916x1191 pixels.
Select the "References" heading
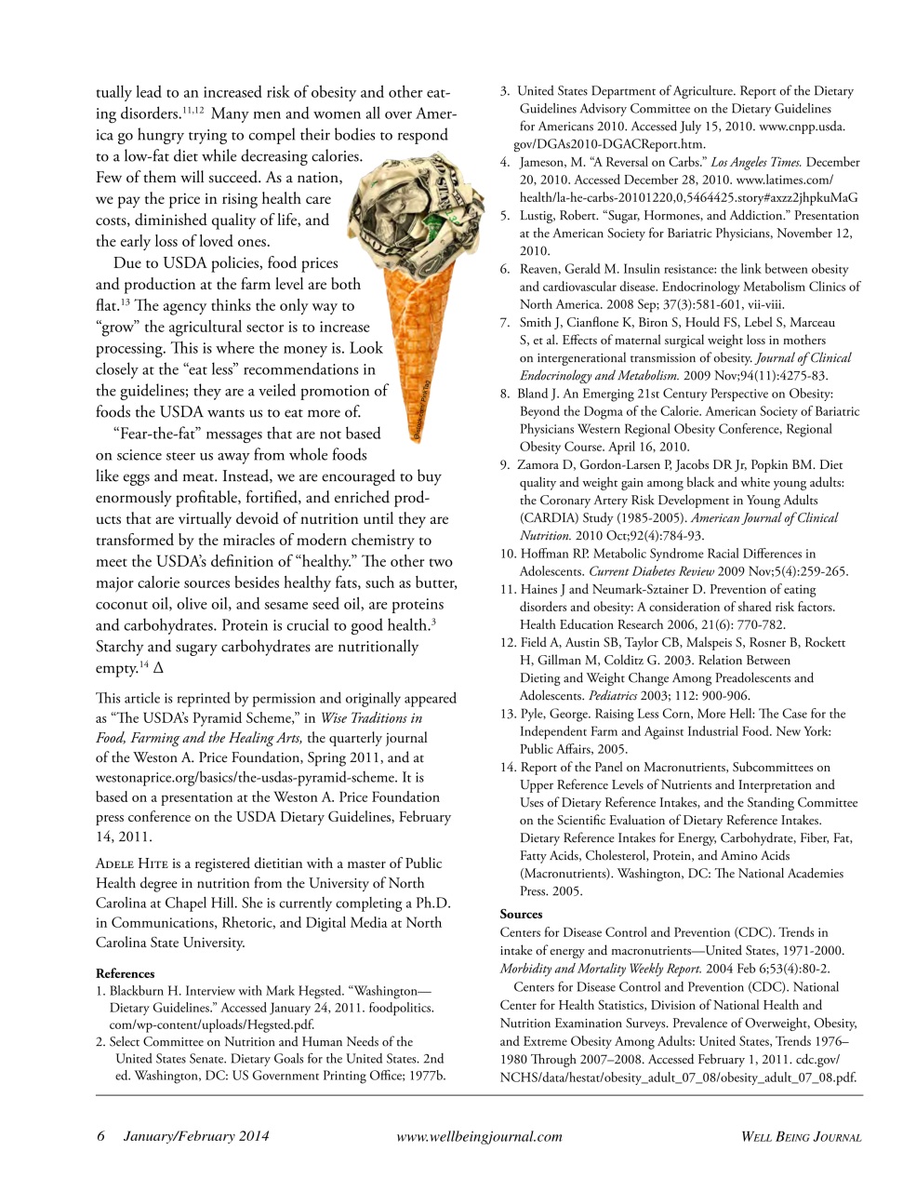click(x=126, y=973)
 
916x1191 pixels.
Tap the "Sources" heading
click(x=521, y=914)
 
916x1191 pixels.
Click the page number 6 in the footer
click(x=101, y=1136)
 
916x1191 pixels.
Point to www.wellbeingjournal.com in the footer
click(x=479, y=1136)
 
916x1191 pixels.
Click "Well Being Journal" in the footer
click(x=801, y=1136)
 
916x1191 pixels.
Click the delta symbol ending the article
click(x=158, y=668)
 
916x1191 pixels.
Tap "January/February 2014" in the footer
click(x=196, y=1136)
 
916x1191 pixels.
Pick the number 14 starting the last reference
click(x=508, y=768)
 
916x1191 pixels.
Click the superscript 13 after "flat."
click(x=124, y=301)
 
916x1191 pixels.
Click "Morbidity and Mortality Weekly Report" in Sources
click(x=601, y=969)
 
